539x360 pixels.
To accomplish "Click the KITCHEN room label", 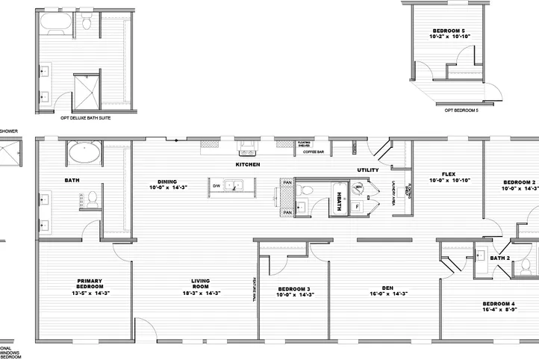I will (247, 164).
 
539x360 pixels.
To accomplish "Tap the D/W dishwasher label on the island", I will (216, 185).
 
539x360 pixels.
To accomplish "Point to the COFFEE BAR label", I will (313, 152).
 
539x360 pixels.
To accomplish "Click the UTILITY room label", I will (368, 170).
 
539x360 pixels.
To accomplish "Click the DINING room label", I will (166, 184).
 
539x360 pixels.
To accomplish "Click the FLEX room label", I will (448, 176).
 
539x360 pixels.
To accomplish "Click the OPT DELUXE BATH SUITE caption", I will (86, 118).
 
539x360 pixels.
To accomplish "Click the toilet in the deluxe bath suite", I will (87, 23).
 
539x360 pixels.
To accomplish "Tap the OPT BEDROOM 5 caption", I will (461, 110).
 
